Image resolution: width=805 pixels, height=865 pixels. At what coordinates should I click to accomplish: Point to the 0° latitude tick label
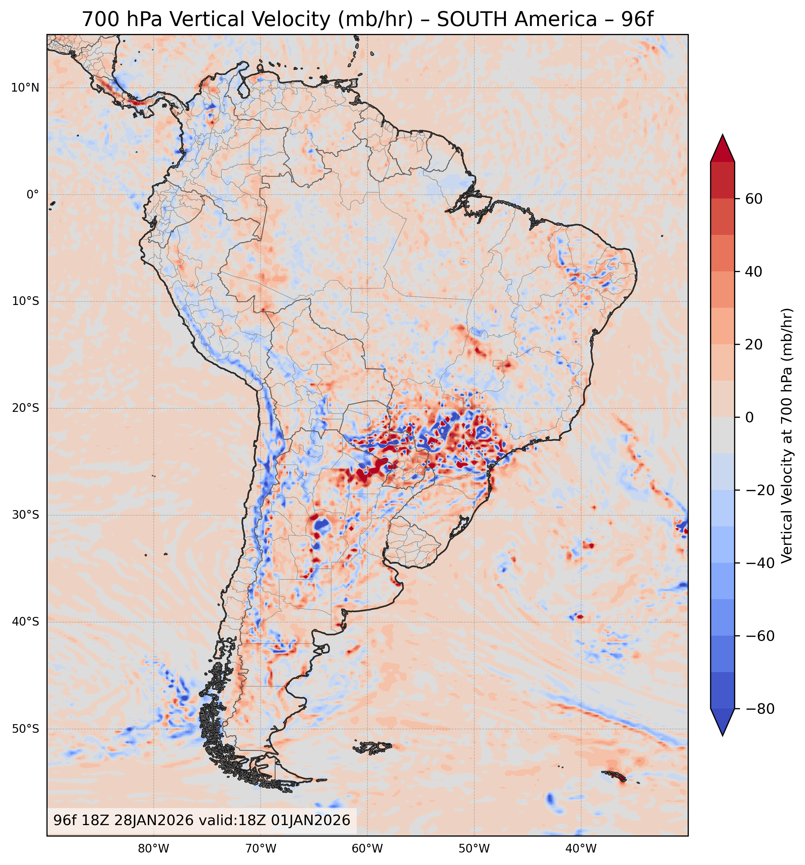tap(33, 195)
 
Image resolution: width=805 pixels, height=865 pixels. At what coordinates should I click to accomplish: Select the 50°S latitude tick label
tap(25, 729)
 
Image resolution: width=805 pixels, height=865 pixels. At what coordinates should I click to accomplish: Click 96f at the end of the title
tap(637, 19)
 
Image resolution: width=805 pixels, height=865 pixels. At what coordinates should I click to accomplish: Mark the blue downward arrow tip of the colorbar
tap(723, 723)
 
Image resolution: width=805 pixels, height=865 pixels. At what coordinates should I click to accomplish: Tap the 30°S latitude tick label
tap(25, 515)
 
